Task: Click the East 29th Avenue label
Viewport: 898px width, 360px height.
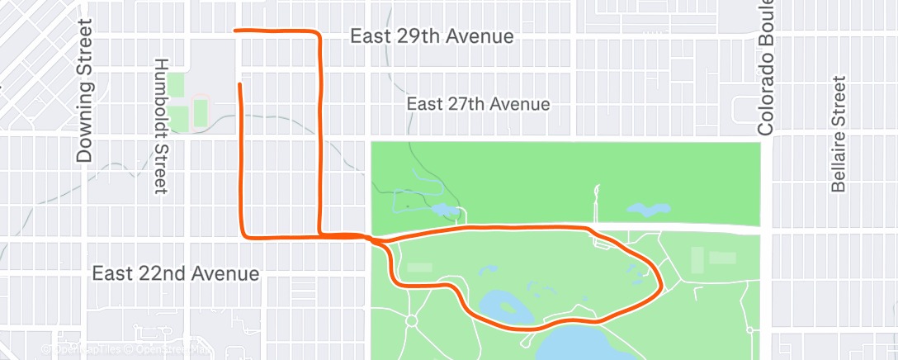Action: click(x=432, y=37)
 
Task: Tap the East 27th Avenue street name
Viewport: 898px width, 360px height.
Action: click(x=479, y=104)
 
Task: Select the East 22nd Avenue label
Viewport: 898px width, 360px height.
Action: click(x=175, y=272)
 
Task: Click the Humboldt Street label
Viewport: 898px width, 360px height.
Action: click(x=161, y=126)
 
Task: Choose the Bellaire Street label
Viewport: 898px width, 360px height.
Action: click(x=839, y=134)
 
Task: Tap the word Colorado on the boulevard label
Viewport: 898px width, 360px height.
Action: click(x=767, y=99)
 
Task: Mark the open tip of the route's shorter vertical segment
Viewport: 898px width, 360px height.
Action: click(x=240, y=83)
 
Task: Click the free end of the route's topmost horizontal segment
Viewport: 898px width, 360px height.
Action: click(x=237, y=31)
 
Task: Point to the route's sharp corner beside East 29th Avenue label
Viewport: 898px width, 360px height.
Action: click(x=318, y=34)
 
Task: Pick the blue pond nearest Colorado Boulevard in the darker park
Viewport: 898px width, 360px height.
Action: click(x=649, y=210)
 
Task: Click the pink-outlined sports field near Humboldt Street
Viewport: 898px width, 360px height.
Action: click(x=201, y=113)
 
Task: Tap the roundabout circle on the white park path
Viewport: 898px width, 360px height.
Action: click(x=413, y=320)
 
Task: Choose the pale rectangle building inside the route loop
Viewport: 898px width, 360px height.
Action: click(x=418, y=268)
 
